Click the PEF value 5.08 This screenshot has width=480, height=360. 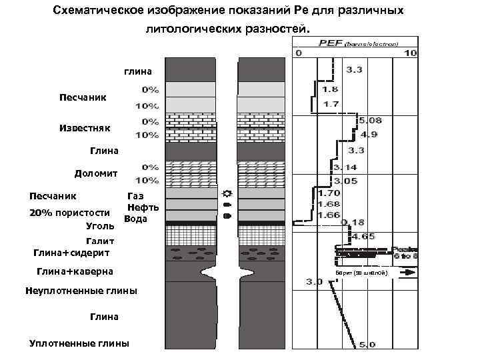pyautogui.click(x=371, y=121)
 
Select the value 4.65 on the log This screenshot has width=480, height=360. pyautogui.click(x=363, y=236)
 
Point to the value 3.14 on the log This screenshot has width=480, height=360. pyautogui.click(x=346, y=167)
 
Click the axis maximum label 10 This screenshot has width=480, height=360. pyautogui.click(x=411, y=53)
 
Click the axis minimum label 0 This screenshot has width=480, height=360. pyautogui.click(x=299, y=53)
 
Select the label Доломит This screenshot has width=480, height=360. pyautogui.click(x=96, y=173)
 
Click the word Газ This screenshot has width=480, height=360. pyautogui.click(x=135, y=196)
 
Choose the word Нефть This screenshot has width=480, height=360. pyautogui.click(x=143, y=207)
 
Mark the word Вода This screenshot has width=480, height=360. pyautogui.click(x=135, y=219)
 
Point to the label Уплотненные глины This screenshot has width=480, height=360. pyautogui.click(x=80, y=343)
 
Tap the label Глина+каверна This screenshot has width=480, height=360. pyautogui.click(x=75, y=271)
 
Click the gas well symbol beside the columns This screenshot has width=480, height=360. pyautogui.click(x=227, y=192)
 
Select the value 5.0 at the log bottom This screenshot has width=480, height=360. pyautogui.click(x=367, y=345)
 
